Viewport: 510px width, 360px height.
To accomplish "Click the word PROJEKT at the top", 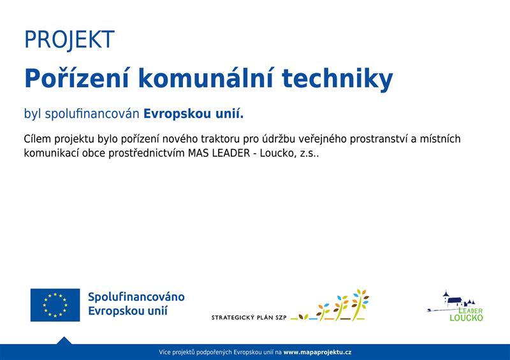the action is pyautogui.click(x=69, y=40).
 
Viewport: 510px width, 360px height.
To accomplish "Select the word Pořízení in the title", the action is pyautogui.click(x=77, y=78).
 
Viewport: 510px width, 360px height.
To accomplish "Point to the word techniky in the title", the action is pyautogui.click(x=338, y=80).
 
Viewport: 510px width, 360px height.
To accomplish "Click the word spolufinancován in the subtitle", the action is pyautogui.click(x=92, y=114).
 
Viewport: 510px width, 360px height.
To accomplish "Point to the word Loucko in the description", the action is pyautogui.click(x=278, y=153).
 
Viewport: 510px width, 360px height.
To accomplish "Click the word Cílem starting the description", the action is pyautogui.click(x=38, y=138).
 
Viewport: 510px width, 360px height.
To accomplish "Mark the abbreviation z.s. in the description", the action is pyautogui.click(x=309, y=154).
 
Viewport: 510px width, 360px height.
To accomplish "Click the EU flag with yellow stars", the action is pyautogui.click(x=55, y=305).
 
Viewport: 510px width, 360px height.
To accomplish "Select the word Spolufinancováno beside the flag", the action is pyautogui.click(x=136, y=297).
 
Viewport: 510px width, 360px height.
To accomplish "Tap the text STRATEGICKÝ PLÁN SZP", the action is pyautogui.click(x=249, y=318).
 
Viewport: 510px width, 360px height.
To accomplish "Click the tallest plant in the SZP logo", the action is pyautogui.click(x=360, y=304).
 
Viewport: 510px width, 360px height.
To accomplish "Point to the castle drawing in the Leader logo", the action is pyautogui.click(x=454, y=301).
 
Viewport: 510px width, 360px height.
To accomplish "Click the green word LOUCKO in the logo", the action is pyautogui.click(x=467, y=318).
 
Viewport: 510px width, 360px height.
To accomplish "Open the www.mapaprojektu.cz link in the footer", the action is pyautogui.click(x=317, y=352).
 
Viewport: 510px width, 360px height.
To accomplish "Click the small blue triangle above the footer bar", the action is pyautogui.click(x=64, y=341).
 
